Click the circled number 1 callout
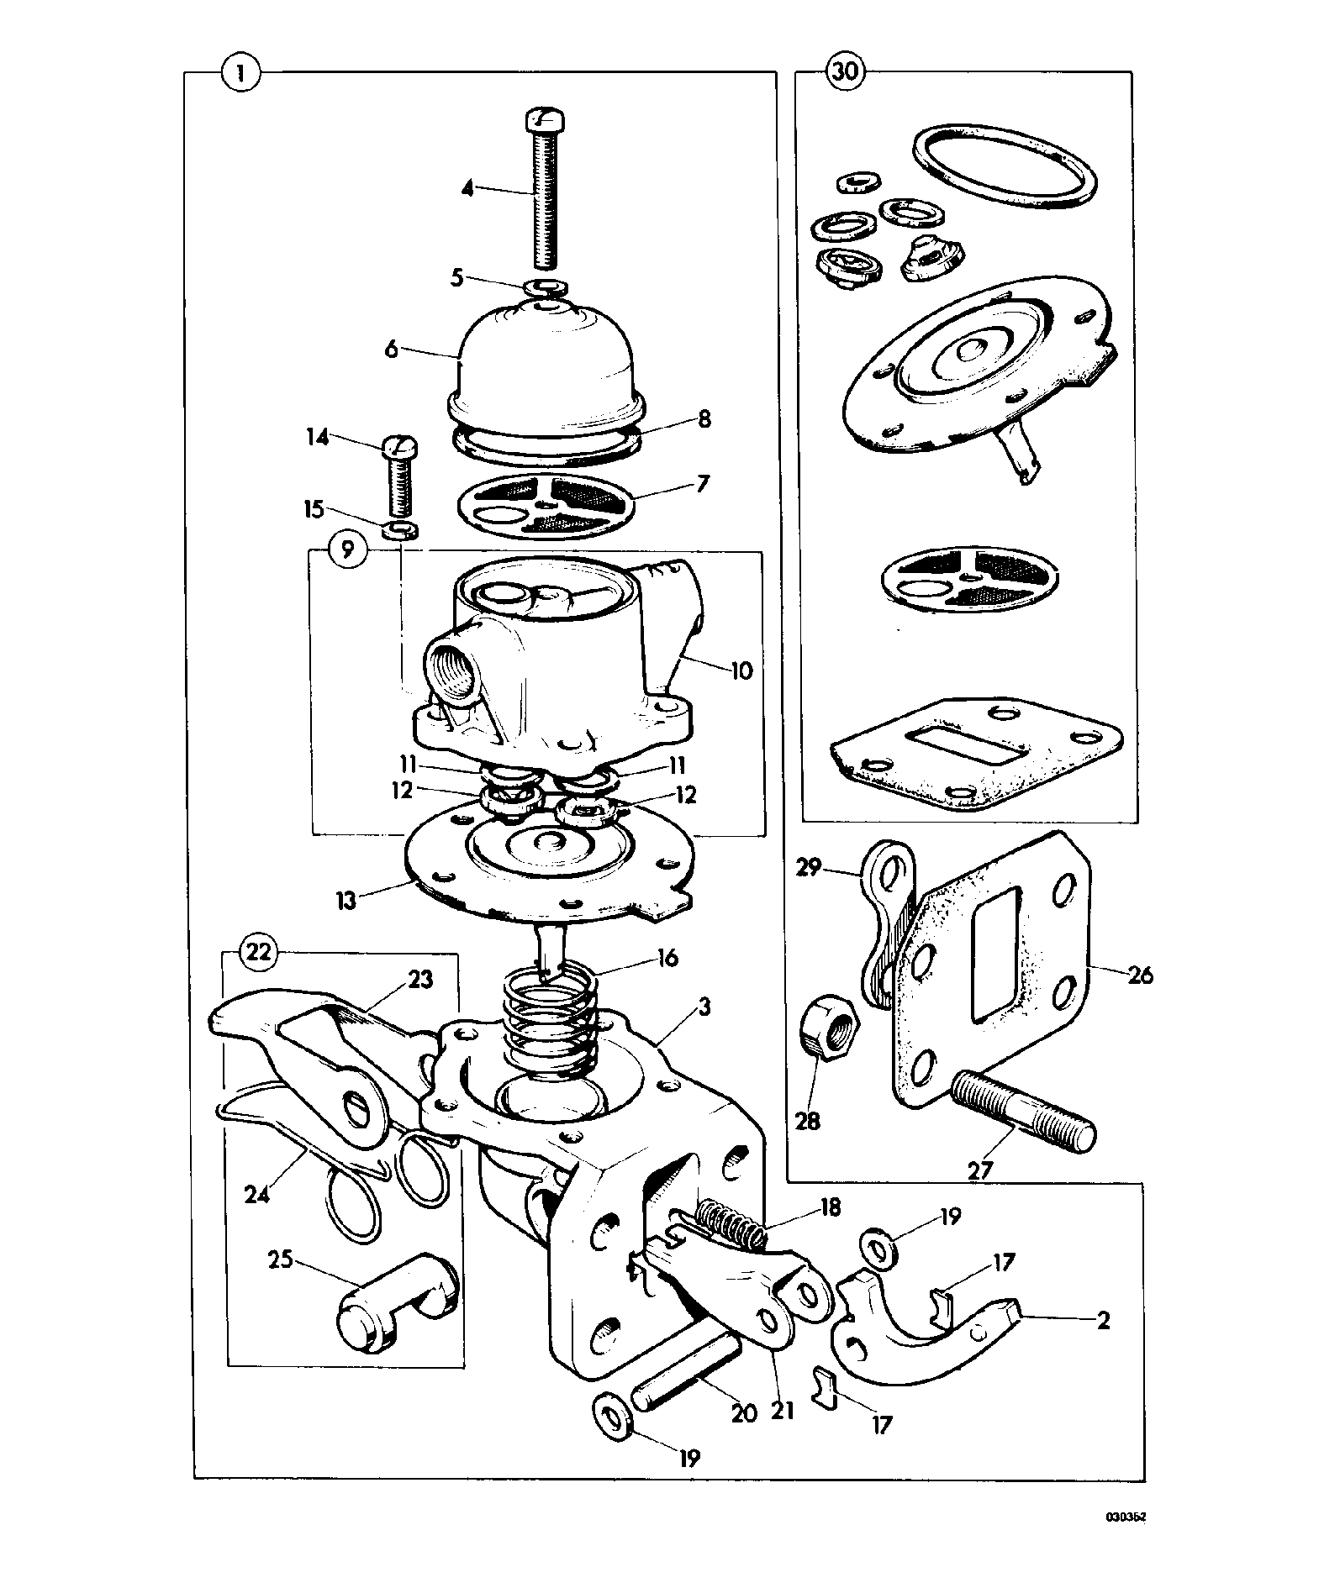tap(241, 73)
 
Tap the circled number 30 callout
tap(846, 72)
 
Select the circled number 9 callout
tap(348, 550)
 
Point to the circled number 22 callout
tap(259, 952)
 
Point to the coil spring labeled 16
tap(550, 1023)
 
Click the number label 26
tap(1141, 975)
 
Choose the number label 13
tap(346, 900)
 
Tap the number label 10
tap(741, 670)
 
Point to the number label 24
tap(257, 1194)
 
